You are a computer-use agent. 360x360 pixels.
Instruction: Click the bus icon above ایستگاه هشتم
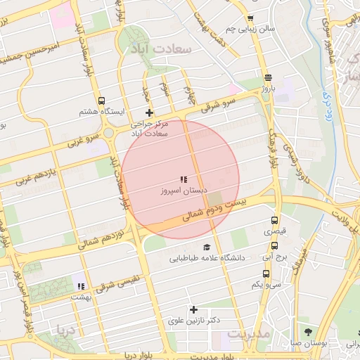tap(102, 101)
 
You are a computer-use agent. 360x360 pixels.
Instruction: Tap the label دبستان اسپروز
tap(183, 191)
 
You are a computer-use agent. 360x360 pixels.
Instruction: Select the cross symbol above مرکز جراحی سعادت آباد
tap(148, 112)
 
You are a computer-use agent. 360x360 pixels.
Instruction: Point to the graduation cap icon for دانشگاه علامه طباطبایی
tap(207, 247)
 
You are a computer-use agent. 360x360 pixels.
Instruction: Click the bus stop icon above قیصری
tap(275, 220)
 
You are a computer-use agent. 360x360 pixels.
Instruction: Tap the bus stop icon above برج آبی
tap(274, 246)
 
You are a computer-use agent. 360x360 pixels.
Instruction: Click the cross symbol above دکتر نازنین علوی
tap(194, 309)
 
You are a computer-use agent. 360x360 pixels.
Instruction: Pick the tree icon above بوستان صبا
tap(309, 331)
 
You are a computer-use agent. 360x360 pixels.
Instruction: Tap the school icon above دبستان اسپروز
tap(184, 179)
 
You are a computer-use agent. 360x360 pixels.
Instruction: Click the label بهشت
tap(82, 297)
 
